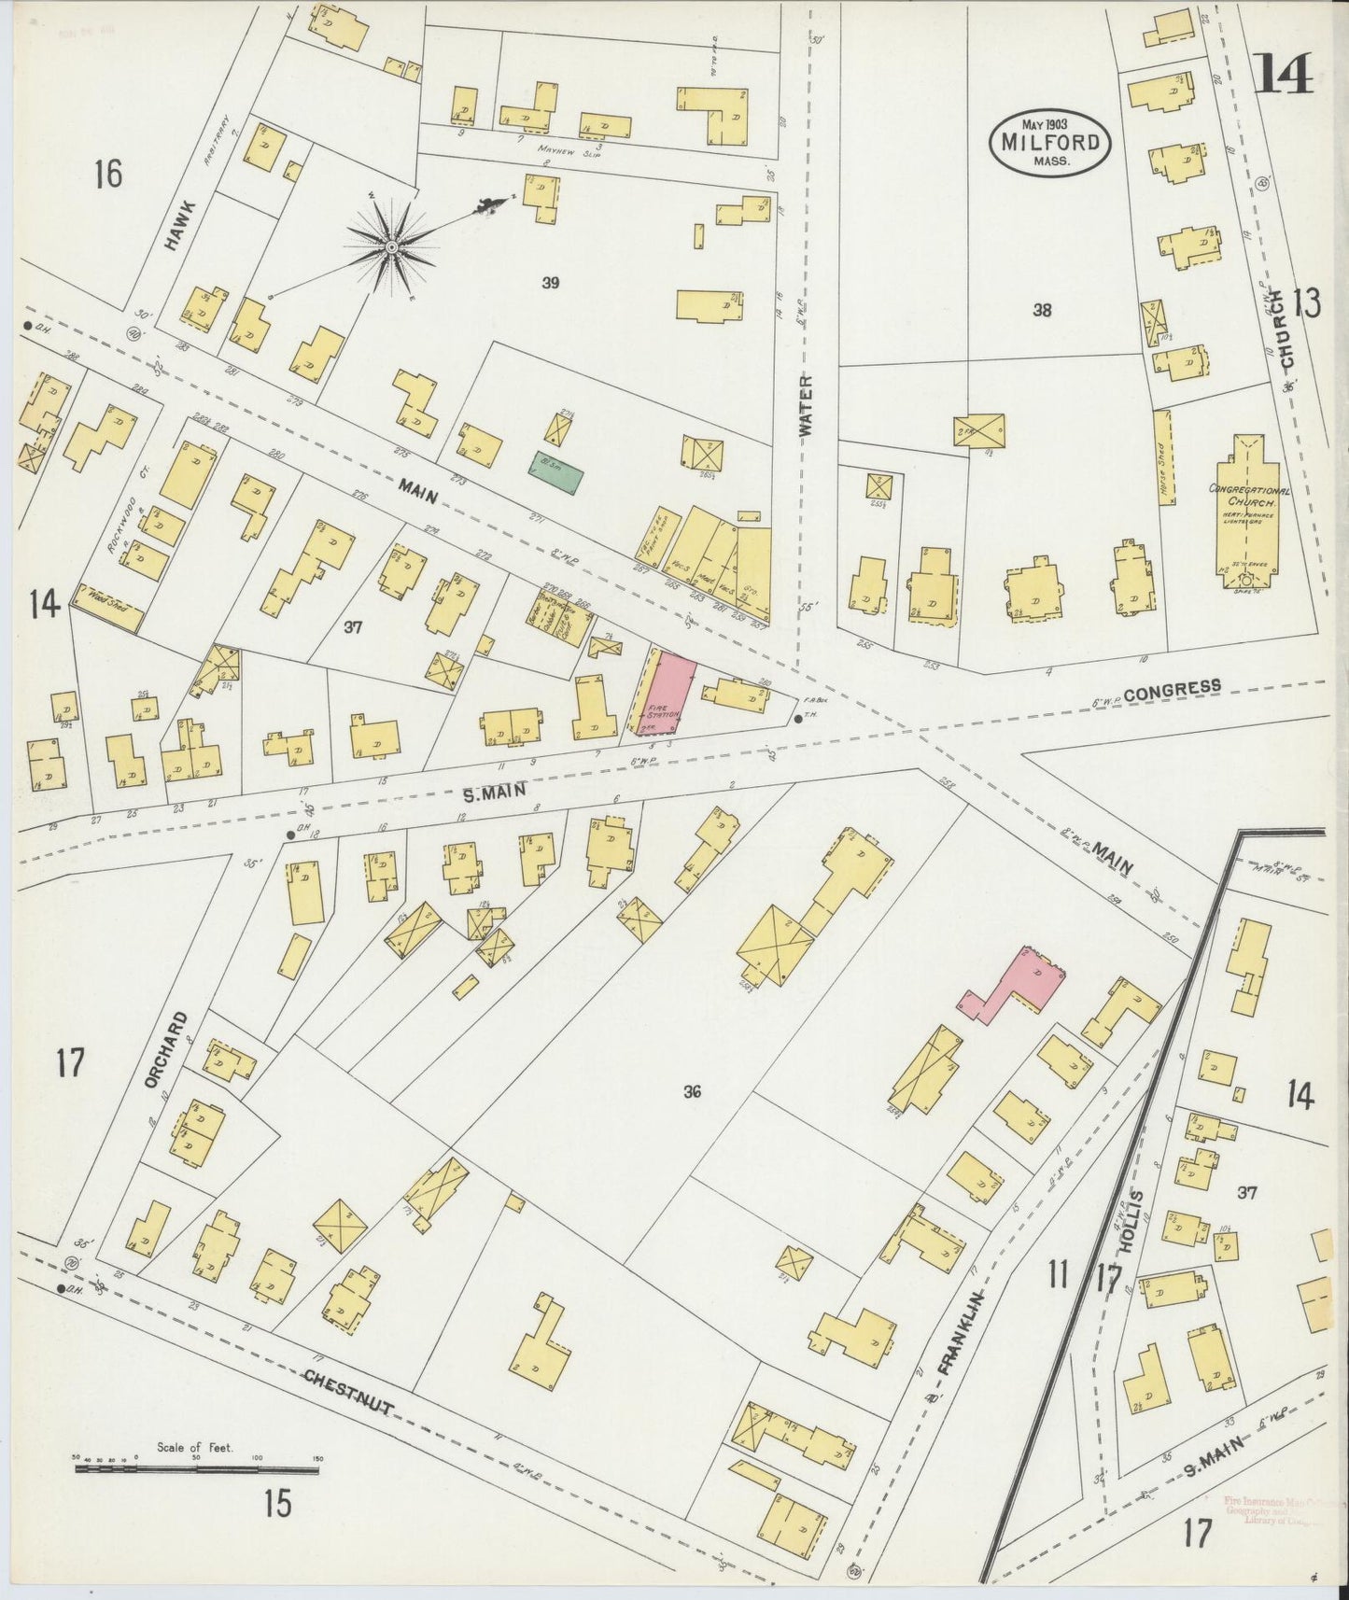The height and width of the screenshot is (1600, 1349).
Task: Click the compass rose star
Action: pos(392,246)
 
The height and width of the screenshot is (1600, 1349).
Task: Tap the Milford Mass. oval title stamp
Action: pos(1050,142)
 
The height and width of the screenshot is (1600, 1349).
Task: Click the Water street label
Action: pos(806,406)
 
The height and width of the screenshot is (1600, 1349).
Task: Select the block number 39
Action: pos(550,282)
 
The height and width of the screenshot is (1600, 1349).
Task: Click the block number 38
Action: pos(1041,310)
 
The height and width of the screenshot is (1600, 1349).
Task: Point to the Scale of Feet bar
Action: pos(196,1469)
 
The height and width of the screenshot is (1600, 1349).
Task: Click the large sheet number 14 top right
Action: pos(1283,73)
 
